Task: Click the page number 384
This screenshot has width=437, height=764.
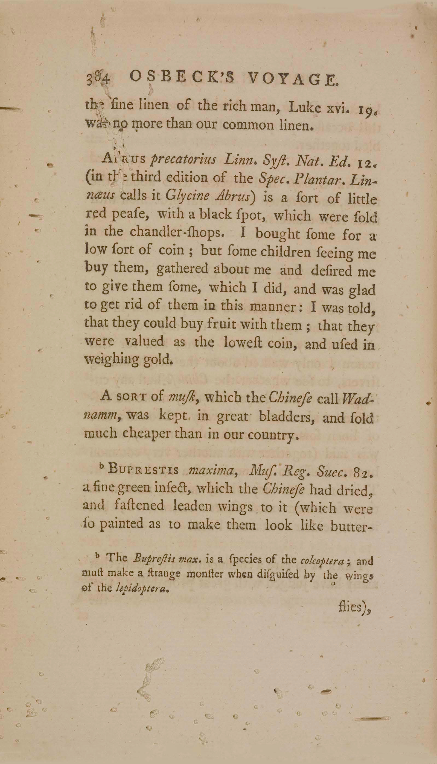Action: point(98,79)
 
